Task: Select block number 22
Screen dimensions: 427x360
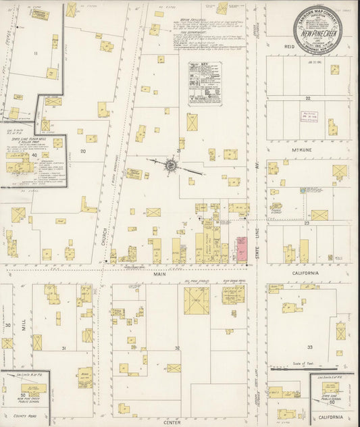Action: tap(307, 97)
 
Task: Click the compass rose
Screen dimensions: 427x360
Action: tap(171, 164)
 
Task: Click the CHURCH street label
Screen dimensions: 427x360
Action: tap(106, 236)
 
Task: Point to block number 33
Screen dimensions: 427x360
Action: tap(310, 347)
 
